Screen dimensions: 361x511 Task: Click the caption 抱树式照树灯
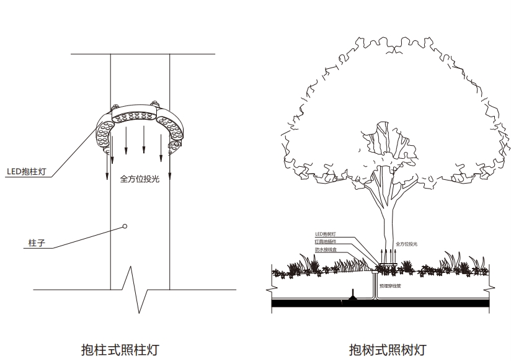[x=388, y=349]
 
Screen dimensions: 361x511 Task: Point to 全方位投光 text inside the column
[x=140, y=179]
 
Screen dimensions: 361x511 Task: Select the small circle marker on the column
[x=125, y=226]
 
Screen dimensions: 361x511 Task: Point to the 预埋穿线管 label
[x=391, y=287]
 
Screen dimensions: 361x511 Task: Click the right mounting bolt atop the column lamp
[x=153, y=102]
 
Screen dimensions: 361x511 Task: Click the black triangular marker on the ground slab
[x=352, y=295]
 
